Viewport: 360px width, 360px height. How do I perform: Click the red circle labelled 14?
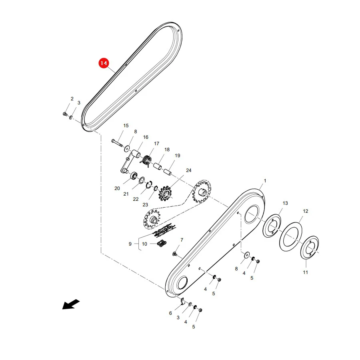(x=104, y=63)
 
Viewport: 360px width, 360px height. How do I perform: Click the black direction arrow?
(x=71, y=304)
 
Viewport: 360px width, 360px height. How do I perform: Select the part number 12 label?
(x=305, y=211)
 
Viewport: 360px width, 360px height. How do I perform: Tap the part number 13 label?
(x=285, y=203)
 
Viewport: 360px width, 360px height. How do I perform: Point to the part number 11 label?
(x=305, y=272)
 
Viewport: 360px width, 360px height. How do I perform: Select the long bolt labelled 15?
(x=118, y=142)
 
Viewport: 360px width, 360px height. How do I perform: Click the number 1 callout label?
(x=265, y=181)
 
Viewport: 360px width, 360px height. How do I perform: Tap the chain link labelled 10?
(x=162, y=243)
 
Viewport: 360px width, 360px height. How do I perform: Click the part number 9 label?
(x=130, y=244)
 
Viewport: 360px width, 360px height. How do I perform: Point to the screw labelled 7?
(x=174, y=254)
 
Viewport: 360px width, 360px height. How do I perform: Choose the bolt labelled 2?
(x=65, y=114)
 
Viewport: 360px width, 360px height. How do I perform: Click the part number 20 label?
(x=117, y=188)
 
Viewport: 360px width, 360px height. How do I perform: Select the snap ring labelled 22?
(x=149, y=184)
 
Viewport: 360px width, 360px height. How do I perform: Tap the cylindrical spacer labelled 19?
(x=168, y=172)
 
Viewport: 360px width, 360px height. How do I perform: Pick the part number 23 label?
(x=145, y=205)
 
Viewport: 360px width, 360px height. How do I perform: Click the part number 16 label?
(x=146, y=137)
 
